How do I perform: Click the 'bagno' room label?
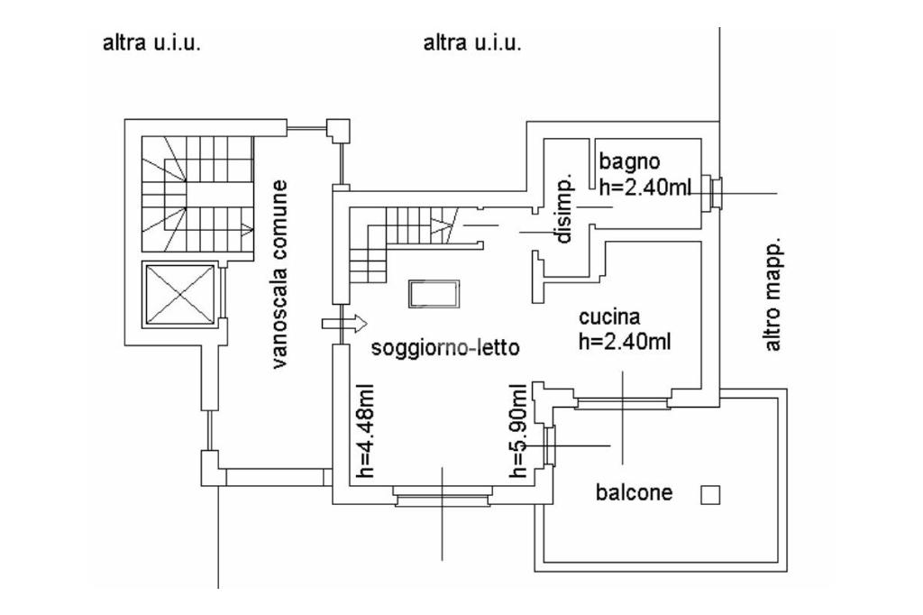coord(630,162)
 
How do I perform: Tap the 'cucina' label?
coord(609,317)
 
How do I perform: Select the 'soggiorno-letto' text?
coord(445,348)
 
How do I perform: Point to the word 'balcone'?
coord(634,492)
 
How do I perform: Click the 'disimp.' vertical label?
coord(564,208)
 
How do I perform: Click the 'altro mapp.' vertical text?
coord(772,296)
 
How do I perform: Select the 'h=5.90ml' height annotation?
coord(518,430)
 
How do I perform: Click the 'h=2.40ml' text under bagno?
coord(645,188)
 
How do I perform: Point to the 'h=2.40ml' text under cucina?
coord(627,342)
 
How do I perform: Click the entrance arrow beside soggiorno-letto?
coord(343,322)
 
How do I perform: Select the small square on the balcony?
coord(710,494)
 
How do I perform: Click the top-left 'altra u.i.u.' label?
coord(151,43)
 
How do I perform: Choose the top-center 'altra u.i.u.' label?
coord(472,43)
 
